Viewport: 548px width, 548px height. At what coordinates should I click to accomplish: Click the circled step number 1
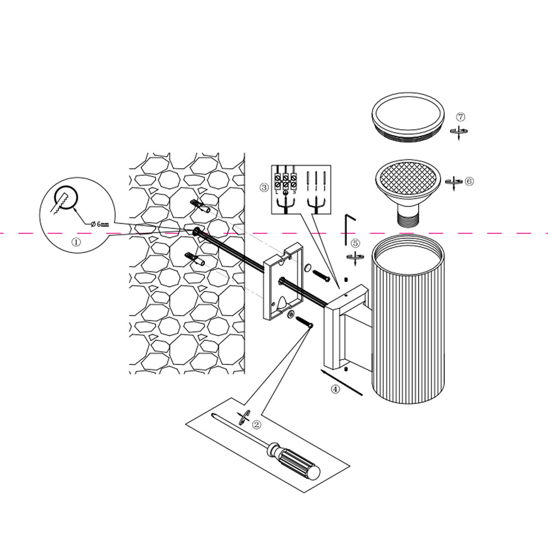coord(76,241)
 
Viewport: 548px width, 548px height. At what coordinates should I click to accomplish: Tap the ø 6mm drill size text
coord(100,224)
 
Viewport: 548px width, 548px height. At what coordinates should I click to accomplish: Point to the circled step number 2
coord(256,424)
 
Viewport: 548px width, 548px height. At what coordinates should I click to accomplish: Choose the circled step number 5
coord(355,243)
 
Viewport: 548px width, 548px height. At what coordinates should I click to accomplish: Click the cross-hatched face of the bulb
coord(408,178)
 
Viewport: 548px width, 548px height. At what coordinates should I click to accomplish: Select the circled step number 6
coord(469,181)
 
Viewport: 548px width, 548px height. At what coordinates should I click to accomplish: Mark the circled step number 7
coord(460,117)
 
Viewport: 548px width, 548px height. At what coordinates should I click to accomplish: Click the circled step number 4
coord(335,390)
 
